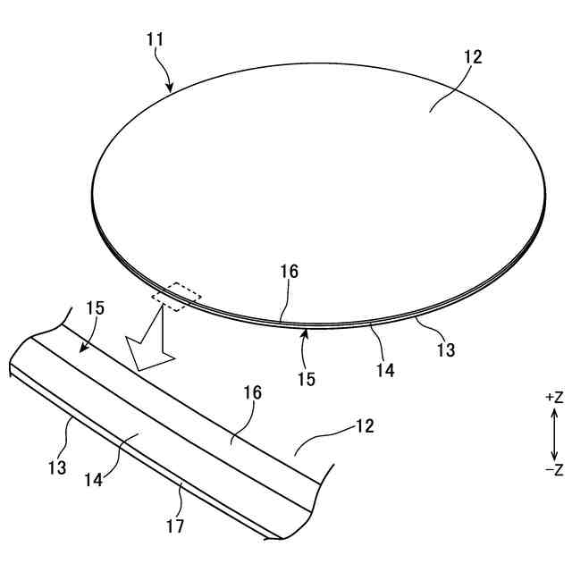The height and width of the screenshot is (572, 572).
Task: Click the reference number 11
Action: pos(153,40)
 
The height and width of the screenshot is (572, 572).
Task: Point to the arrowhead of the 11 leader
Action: pos(170,89)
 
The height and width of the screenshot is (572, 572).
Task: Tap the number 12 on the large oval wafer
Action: pos(473,57)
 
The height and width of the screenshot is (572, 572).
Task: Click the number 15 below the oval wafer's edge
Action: pos(306,378)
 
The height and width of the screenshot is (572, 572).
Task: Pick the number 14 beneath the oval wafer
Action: pos(385,368)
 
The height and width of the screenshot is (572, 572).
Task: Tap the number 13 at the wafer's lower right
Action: pos(445,350)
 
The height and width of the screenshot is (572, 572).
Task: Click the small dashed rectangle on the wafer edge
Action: pos(177,297)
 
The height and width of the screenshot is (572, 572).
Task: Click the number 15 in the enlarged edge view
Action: pos(96,309)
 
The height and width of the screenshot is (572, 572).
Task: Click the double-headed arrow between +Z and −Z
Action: pos(554,433)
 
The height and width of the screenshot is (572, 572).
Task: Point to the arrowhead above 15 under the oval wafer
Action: pos(305,332)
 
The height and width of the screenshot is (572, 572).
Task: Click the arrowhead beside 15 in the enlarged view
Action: pos(76,349)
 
